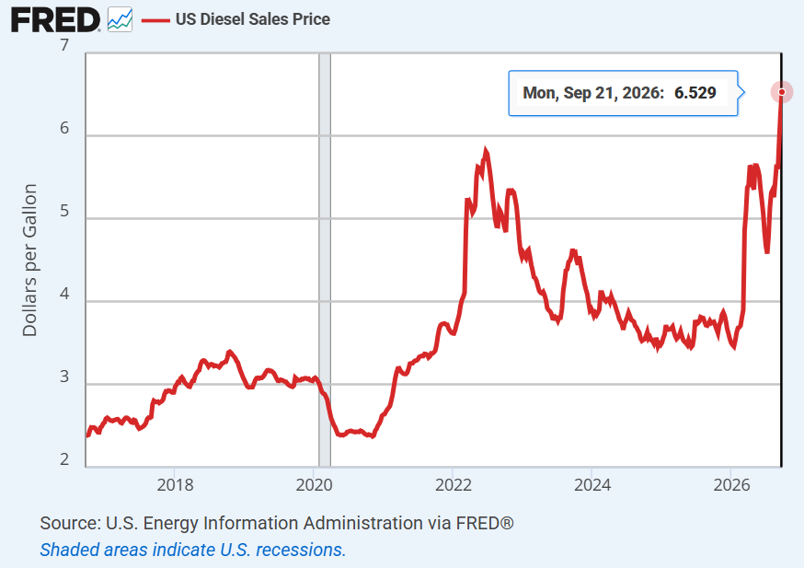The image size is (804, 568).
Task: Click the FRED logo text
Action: click(55, 20)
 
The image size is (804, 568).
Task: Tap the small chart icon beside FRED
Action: click(120, 19)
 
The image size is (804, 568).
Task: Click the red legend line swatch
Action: click(155, 20)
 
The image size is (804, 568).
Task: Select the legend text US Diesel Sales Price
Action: click(253, 19)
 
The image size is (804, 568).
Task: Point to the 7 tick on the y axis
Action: click(64, 45)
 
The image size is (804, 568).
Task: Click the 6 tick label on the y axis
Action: click(64, 128)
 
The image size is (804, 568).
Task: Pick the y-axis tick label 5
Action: click(64, 211)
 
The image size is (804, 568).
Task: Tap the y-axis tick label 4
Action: click(64, 294)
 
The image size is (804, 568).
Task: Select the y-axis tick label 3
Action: click(64, 377)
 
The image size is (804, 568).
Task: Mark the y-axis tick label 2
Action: click(64, 458)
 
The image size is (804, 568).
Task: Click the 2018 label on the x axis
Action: click(175, 484)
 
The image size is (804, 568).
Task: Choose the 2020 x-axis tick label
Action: click(314, 484)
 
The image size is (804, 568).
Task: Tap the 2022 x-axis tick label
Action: click(454, 484)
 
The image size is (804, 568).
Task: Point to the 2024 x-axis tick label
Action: click(592, 484)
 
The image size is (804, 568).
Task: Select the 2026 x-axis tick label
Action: click(731, 484)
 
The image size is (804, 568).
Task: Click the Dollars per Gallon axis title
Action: click(29, 261)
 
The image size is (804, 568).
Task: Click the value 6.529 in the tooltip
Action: click(695, 93)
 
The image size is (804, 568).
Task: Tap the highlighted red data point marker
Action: click(781, 92)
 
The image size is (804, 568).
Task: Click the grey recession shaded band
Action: click(325, 260)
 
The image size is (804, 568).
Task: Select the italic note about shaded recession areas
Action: click(193, 550)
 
